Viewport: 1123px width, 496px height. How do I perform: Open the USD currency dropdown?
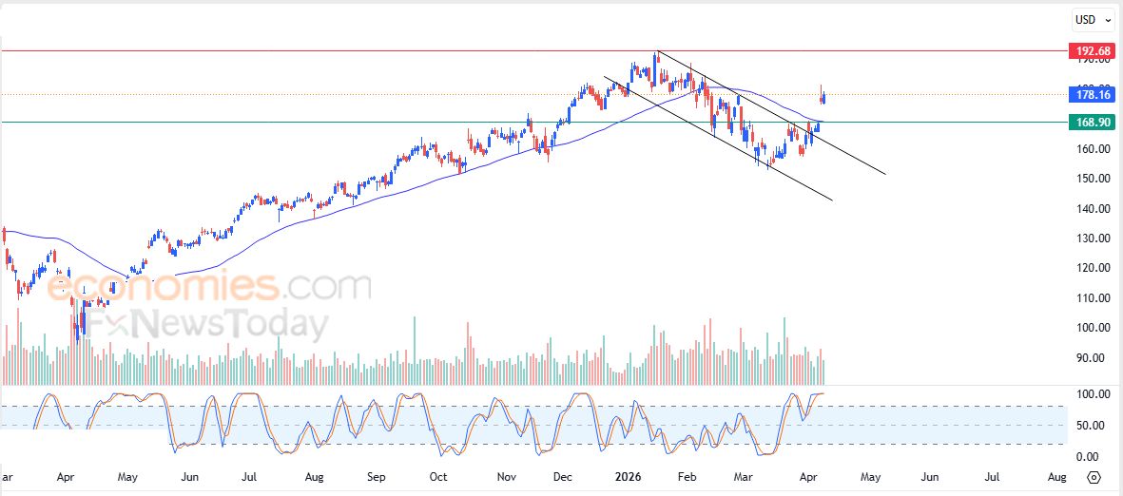[1090, 19]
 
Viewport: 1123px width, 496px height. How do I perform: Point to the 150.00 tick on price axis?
[1090, 179]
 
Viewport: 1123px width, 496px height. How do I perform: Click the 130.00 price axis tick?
[1090, 238]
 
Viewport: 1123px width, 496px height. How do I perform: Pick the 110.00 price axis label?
[1090, 298]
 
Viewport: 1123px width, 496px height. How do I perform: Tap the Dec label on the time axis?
[562, 475]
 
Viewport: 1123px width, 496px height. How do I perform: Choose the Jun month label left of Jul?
[189, 475]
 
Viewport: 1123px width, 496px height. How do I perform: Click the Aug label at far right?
[1055, 475]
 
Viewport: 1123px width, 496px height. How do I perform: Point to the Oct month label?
[438, 475]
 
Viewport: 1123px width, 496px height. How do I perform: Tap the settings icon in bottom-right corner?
[1094, 477]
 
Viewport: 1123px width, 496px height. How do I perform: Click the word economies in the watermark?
[162, 286]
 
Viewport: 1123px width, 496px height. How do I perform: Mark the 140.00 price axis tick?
[1090, 209]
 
